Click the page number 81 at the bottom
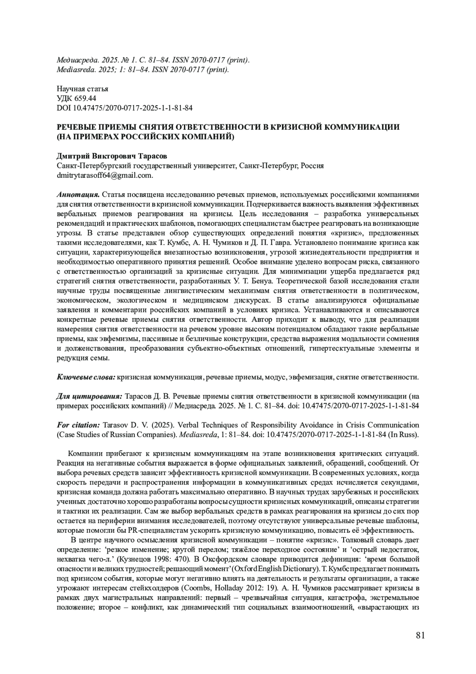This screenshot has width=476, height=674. (x=420, y=635)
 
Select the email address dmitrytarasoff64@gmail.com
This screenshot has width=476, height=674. (x=105, y=175)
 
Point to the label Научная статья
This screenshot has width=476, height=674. (x=83, y=89)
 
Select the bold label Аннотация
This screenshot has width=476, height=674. (x=78, y=195)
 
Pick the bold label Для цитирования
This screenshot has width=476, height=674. (x=89, y=396)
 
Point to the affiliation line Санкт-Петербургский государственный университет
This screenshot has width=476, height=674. (x=190, y=166)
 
